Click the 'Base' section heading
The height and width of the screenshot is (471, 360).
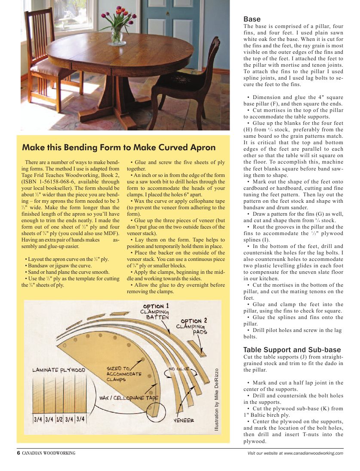pos(252,19)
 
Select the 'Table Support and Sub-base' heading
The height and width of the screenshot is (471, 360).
pos(292,350)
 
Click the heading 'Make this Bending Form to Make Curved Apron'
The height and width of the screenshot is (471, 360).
pos(119,147)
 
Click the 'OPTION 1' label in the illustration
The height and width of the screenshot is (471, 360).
pos(156,306)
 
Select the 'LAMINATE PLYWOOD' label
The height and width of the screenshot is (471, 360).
pos(59,370)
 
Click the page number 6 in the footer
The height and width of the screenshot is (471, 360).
pos(18,453)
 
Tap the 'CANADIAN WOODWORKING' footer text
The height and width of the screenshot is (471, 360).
pos(49,453)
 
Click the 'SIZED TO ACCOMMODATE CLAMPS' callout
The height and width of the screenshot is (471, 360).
pos(123,374)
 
